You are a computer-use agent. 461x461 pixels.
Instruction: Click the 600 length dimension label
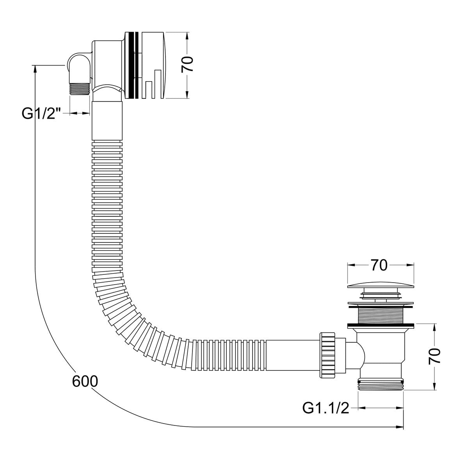tap(85, 381)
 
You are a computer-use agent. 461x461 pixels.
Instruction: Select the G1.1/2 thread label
tap(326, 408)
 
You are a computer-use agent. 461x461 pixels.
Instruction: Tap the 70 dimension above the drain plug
tap(379, 265)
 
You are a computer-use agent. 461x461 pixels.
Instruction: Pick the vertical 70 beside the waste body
tap(434, 356)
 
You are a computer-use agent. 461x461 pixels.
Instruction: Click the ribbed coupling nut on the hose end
tap(328, 355)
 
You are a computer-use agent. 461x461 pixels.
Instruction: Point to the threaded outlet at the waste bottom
tap(380, 384)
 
